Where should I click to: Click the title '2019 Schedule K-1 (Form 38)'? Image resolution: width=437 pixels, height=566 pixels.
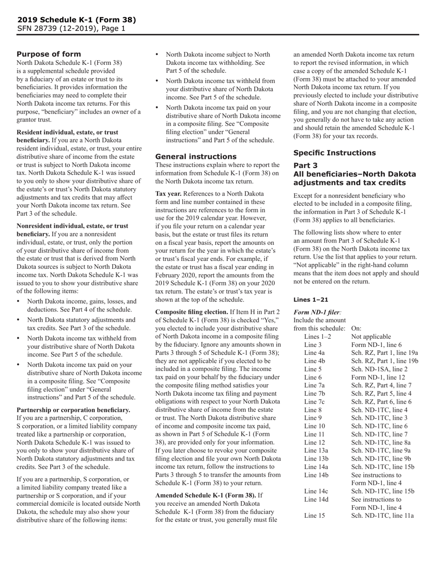pos(76,20)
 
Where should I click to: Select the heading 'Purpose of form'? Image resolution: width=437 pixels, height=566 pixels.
pos(49,54)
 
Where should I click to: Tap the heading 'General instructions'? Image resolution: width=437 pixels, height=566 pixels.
pos(190,156)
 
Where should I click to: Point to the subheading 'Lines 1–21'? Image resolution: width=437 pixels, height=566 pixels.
pos(311,299)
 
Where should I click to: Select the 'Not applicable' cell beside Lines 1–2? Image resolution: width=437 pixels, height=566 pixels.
pos(371,336)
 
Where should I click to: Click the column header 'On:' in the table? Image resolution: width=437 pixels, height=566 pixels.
pos(356,328)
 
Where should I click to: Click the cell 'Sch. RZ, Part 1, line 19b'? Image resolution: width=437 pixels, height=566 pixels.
pos(385,361)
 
